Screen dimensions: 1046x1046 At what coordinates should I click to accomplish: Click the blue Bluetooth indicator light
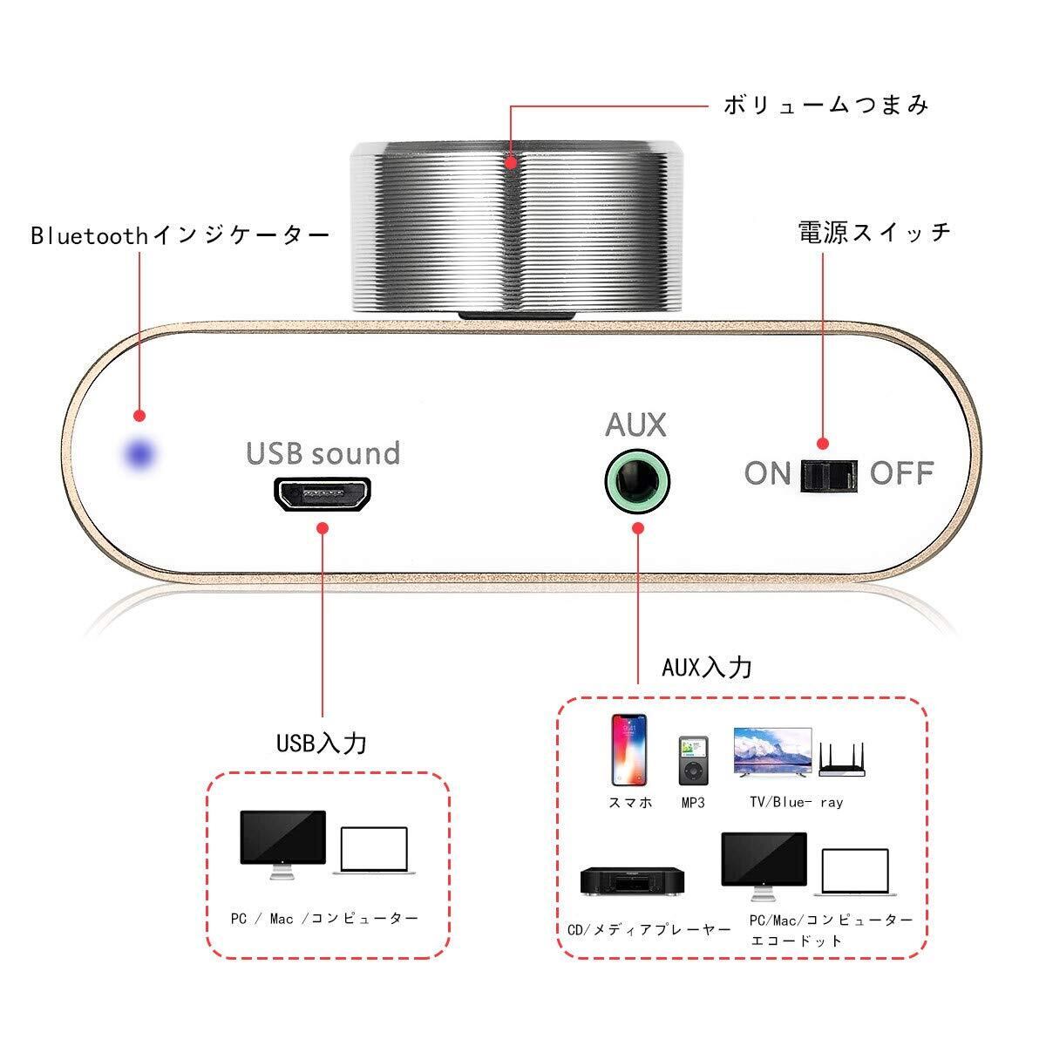tap(139, 454)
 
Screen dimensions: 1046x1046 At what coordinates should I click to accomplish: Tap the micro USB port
tap(323, 494)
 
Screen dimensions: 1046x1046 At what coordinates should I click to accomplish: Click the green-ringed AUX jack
tap(637, 479)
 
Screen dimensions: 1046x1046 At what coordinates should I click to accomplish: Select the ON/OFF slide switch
tap(829, 475)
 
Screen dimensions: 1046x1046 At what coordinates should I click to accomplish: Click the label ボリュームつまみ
tap(825, 105)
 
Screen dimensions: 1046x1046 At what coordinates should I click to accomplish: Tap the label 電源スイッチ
tap(873, 232)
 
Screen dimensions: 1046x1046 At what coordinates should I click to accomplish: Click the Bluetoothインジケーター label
tap(180, 236)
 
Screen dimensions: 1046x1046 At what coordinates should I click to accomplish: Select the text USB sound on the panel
tap(323, 453)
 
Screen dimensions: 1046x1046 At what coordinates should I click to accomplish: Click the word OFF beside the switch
tap(901, 473)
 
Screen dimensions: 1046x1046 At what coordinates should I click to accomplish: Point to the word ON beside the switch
tap(767, 473)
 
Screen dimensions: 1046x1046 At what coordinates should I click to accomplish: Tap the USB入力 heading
tap(322, 743)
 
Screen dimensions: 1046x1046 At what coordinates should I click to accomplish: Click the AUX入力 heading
tap(706, 668)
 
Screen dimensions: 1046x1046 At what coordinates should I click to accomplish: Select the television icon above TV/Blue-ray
tap(773, 752)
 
